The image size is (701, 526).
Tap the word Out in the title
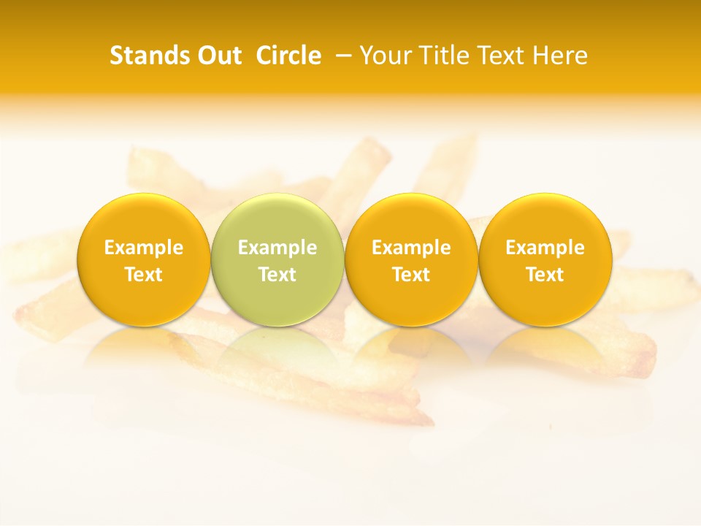(x=217, y=56)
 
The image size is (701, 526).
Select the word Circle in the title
(x=288, y=56)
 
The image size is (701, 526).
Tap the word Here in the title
(x=559, y=56)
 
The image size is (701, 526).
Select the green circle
(x=277, y=259)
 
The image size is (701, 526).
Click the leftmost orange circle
(x=143, y=259)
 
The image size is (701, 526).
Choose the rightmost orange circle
(x=545, y=259)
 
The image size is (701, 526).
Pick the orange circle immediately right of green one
(x=411, y=259)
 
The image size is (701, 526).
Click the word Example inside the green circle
(x=277, y=248)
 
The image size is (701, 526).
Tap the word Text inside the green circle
(x=277, y=275)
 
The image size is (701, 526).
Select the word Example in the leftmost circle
(x=144, y=248)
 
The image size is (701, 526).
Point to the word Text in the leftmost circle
(x=144, y=275)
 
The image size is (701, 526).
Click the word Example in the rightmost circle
(x=545, y=248)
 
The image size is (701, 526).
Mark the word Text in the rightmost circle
(x=545, y=275)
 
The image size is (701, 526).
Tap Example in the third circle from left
(x=412, y=248)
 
